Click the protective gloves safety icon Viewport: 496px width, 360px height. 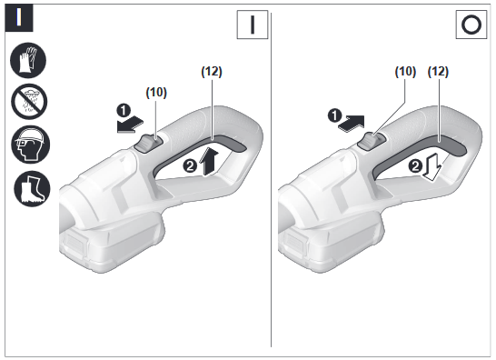coord(28,60)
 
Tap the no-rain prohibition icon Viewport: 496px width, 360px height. coord(29,102)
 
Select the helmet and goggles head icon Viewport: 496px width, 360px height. coord(30,145)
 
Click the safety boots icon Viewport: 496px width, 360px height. coord(32,188)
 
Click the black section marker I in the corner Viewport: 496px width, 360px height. coord(19,18)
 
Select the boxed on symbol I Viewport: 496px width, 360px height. coord(253,25)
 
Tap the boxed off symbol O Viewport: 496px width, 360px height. coord(471,25)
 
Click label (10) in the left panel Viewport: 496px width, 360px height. coord(156,93)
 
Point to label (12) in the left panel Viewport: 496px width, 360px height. coord(212,72)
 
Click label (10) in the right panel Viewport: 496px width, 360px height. coord(405,72)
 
